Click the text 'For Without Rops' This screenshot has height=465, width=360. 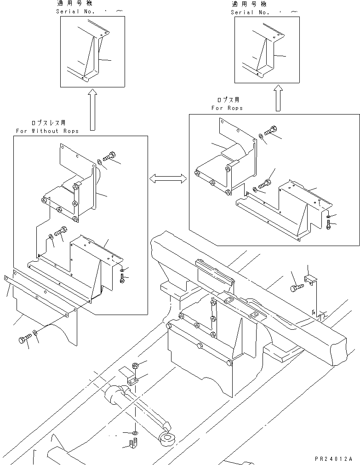click(x=47, y=131)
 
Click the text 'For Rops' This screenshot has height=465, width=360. click(x=227, y=108)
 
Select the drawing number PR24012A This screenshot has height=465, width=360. click(x=333, y=459)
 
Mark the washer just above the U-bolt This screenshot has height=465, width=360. click(x=134, y=433)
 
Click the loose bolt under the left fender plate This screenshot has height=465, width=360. click(x=24, y=339)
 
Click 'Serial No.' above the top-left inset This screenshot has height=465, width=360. click(x=75, y=11)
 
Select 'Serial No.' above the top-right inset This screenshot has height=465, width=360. click(x=250, y=12)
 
